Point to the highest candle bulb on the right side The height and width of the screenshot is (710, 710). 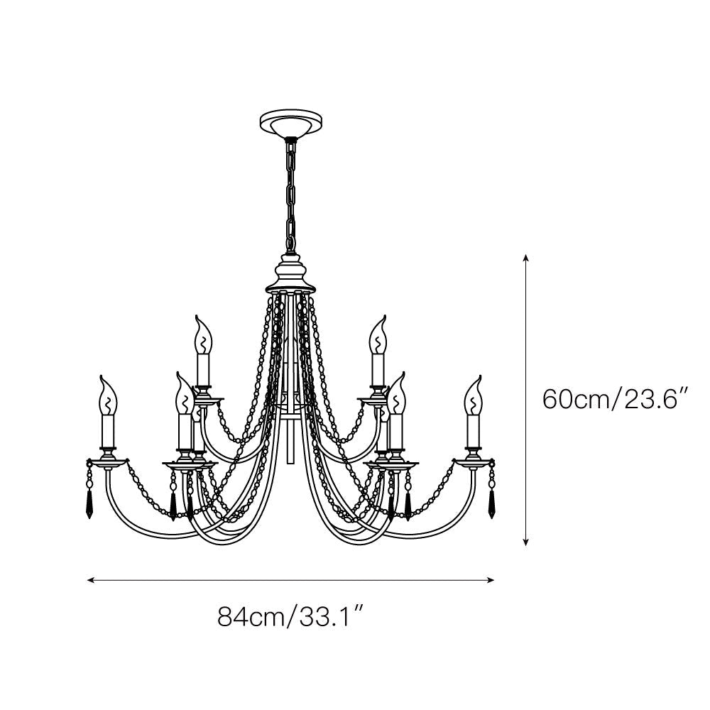click(377, 335)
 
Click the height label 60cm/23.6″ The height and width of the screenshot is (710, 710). click(617, 400)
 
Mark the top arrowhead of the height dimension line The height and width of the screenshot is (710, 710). click(525, 257)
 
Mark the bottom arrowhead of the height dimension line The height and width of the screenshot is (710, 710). click(525, 543)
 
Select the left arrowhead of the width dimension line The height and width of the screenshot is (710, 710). click(90, 580)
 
